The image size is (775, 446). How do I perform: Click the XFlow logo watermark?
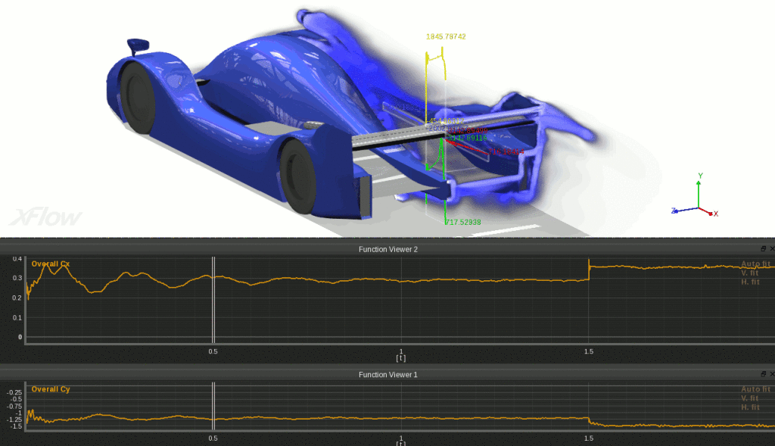pyautogui.click(x=45, y=217)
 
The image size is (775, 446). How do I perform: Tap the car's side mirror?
pyautogui.click(x=138, y=46)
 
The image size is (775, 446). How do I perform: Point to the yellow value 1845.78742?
pyautogui.click(x=445, y=36)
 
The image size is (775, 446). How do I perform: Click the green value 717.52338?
pyautogui.click(x=463, y=222)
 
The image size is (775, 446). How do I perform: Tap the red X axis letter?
pyautogui.click(x=715, y=214)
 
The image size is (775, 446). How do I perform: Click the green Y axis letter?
pyautogui.click(x=699, y=176)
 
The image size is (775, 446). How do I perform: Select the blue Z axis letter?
pyautogui.click(x=673, y=211)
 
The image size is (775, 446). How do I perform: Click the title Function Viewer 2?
pyautogui.click(x=387, y=248)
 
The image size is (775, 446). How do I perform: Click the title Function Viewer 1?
pyautogui.click(x=387, y=375)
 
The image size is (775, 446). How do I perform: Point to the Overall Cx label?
pyautogui.click(x=50, y=264)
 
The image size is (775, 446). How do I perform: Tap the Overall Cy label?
pyautogui.click(x=50, y=389)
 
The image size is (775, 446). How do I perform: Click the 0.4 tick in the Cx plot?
pyautogui.click(x=17, y=259)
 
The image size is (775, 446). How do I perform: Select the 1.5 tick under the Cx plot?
pyautogui.click(x=588, y=351)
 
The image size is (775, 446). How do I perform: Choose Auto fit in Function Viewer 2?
pyautogui.click(x=755, y=264)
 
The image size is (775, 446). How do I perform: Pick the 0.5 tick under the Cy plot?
pyautogui.click(x=213, y=438)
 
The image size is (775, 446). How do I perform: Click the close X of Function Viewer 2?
pyautogui.click(x=771, y=248)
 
